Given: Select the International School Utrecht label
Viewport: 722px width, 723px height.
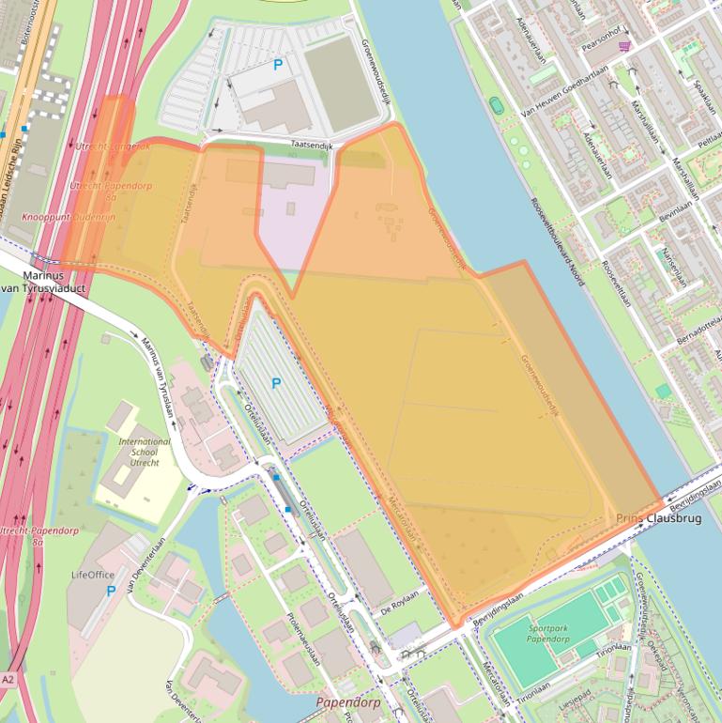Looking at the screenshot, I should (145, 452).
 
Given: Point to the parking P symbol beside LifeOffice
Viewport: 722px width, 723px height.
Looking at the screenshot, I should (111, 591).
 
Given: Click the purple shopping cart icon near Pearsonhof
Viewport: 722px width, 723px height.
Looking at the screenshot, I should (624, 44).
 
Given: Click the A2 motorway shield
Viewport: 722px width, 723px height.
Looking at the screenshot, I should (8, 679).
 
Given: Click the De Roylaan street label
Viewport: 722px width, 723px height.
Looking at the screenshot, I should (399, 610).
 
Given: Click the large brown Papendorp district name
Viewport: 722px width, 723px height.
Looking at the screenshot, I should (348, 702).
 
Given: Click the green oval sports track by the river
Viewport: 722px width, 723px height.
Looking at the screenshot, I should (496, 106).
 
